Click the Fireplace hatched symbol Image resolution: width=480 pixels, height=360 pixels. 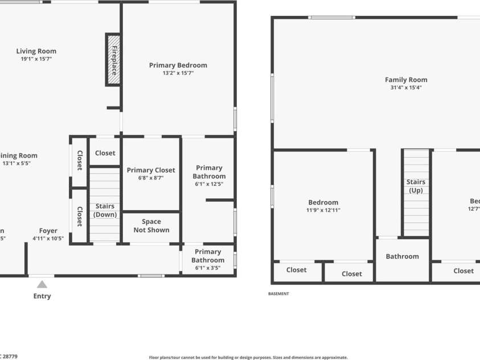coord(113,59)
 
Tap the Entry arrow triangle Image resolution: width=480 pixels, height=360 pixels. coord(42,284)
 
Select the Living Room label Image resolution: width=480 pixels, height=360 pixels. coord(36,51)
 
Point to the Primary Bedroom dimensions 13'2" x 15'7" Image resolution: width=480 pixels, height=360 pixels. coord(178,73)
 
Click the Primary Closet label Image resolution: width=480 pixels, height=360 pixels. coord(151,170)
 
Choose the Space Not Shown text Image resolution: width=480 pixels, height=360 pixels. coord(151,226)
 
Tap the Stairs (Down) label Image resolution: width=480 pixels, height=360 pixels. coord(105,210)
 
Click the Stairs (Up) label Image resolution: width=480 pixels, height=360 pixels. coord(416,186)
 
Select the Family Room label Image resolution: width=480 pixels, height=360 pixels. coord(406,80)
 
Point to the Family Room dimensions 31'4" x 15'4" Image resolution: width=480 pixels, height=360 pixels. coord(406,88)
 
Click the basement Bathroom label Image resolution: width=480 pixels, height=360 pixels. coord(402,256)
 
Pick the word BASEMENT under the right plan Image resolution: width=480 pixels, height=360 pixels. coord(278,294)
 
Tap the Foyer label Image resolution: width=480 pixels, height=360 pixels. coord(48,231)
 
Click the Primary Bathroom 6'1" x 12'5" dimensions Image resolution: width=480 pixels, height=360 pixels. coord(209,184)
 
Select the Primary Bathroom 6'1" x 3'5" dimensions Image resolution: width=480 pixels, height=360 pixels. coord(208,268)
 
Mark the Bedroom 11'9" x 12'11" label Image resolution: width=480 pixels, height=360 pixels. coord(323,202)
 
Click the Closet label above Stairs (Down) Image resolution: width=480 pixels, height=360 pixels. coord(105,153)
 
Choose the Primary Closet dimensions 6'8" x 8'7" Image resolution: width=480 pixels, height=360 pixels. coord(151,178)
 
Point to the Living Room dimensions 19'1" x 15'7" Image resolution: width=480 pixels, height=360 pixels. coord(36,59)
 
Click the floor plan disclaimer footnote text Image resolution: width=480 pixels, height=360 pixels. coord(248,357)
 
